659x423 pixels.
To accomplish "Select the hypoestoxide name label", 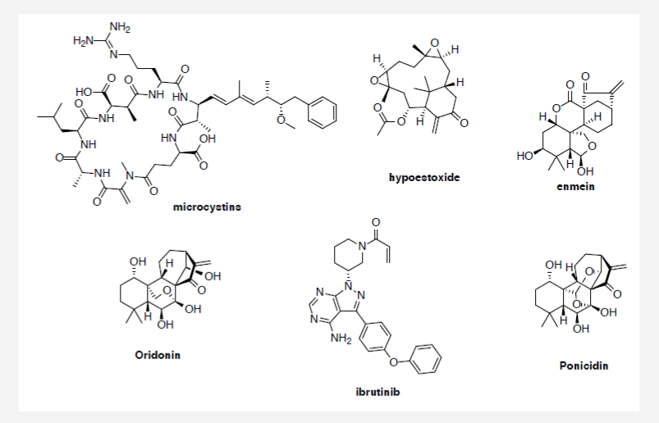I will [x=424, y=176].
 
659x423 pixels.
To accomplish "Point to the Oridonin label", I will [x=157, y=355].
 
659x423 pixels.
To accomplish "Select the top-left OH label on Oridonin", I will [x=138, y=262].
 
